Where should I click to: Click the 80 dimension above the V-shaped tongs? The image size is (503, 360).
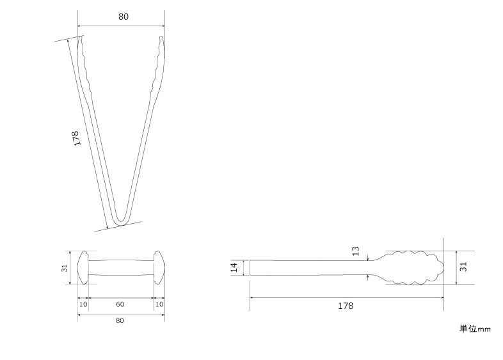click(x=123, y=17)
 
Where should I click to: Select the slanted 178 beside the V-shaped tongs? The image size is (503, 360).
click(x=76, y=138)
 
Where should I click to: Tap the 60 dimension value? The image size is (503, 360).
click(x=120, y=304)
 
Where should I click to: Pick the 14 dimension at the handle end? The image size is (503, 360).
click(x=234, y=267)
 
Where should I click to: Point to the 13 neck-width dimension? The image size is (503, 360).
click(x=355, y=251)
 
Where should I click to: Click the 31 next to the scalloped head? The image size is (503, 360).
click(x=463, y=267)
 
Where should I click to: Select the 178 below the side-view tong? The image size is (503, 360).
click(x=346, y=306)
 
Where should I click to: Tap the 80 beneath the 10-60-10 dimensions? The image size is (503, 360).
click(x=120, y=320)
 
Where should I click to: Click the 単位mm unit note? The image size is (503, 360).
click(x=475, y=329)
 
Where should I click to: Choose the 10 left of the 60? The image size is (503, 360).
click(x=83, y=304)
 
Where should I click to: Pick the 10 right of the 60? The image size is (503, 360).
click(x=159, y=304)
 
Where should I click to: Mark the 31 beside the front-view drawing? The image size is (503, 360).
click(x=65, y=268)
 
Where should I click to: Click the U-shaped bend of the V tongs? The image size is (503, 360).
click(x=121, y=221)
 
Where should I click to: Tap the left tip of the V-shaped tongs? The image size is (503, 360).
click(x=81, y=37)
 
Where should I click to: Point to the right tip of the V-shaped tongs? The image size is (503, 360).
click(x=161, y=37)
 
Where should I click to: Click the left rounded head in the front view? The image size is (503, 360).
click(x=83, y=268)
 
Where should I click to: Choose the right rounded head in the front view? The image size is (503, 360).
click(x=159, y=268)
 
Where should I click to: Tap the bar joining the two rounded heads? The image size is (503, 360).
click(x=121, y=268)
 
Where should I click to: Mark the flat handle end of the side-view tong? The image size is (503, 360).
click(x=250, y=268)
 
